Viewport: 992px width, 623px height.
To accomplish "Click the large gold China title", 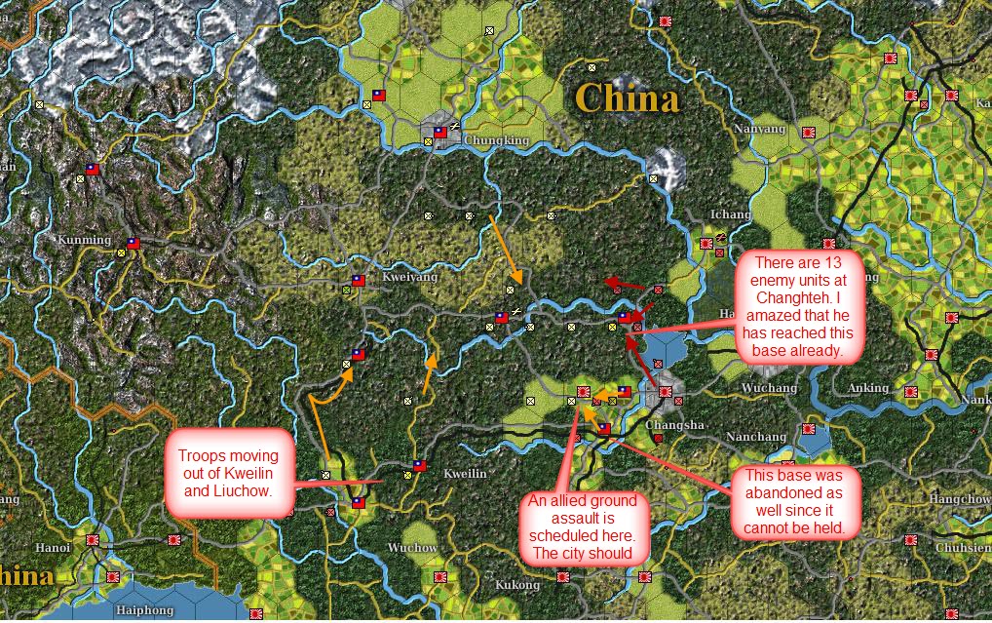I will click(627, 97).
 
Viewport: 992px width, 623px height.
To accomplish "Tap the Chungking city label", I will click(497, 140).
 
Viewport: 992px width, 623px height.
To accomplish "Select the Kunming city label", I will click(85, 239).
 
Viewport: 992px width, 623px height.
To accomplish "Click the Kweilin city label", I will click(464, 474).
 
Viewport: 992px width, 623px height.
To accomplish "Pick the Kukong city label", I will click(516, 586).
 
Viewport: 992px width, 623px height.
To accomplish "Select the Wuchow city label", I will click(413, 548).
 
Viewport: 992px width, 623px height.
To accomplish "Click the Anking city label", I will click(867, 388).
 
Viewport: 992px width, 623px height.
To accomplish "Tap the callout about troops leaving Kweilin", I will click(229, 473).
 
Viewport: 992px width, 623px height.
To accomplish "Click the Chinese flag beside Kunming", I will click(134, 243).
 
